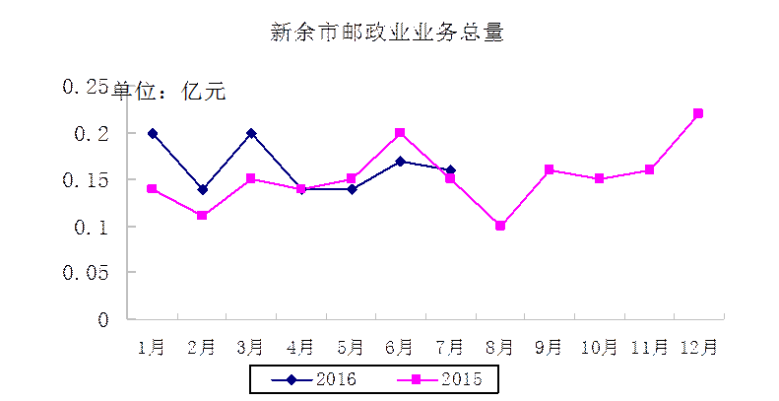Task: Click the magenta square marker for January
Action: click(x=153, y=188)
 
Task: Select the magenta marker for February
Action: click(x=202, y=215)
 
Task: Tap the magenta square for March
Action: click(x=251, y=178)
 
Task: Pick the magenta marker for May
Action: click(x=351, y=178)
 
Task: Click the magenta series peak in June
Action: click(x=400, y=132)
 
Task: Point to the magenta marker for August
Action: click(x=500, y=226)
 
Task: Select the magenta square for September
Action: click(x=550, y=169)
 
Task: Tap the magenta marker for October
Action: click(x=599, y=178)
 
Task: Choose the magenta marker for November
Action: click(x=649, y=169)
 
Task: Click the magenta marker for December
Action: click(x=698, y=113)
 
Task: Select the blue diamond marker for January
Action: click(x=153, y=133)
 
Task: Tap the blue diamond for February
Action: click(x=202, y=189)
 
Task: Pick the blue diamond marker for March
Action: click(x=251, y=133)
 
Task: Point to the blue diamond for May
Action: click(x=351, y=189)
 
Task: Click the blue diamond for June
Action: click(x=400, y=161)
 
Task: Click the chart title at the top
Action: click(x=388, y=33)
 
